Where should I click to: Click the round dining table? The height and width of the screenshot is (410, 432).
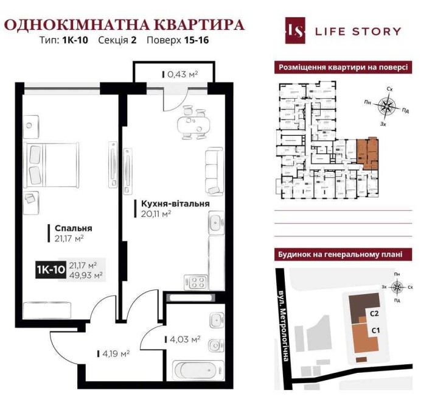(193, 125)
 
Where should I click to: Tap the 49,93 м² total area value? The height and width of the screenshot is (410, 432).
(86, 275)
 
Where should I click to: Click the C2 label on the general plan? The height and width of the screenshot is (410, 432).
(375, 314)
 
